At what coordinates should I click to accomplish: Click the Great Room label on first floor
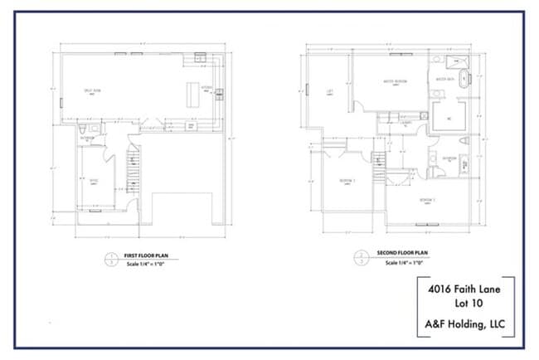pos(92,90)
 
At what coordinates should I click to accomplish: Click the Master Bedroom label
pos(382,81)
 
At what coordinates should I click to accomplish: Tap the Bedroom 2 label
pos(427,200)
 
